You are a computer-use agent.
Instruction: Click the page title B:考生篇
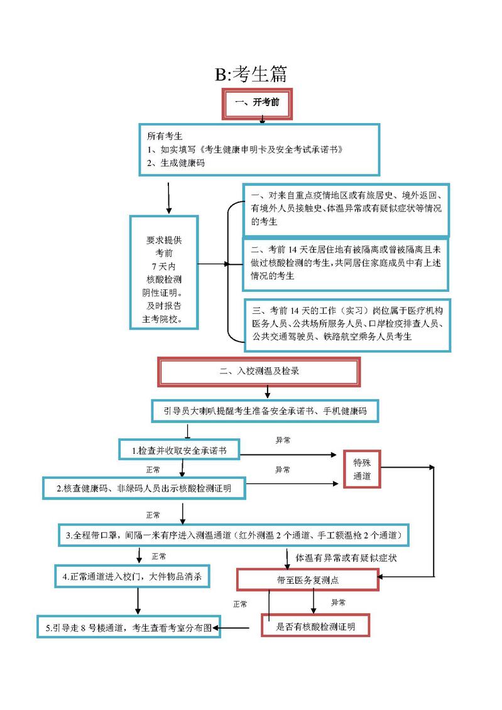tap(251, 75)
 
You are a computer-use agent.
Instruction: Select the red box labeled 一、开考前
tap(257, 104)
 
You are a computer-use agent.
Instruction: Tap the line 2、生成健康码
tap(176, 163)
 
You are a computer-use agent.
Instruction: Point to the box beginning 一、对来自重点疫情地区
tap(346, 209)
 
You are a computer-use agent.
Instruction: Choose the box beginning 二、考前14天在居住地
tap(346, 264)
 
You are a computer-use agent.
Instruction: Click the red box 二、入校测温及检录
tap(259, 371)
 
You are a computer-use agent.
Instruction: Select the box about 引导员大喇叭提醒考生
tap(265, 411)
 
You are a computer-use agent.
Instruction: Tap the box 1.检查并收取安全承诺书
tap(179, 450)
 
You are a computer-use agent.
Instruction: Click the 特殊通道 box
tap(362, 469)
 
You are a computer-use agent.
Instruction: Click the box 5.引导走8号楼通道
tap(129, 627)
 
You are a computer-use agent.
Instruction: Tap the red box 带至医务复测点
tap(308, 579)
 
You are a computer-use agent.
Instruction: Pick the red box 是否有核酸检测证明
tap(315, 625)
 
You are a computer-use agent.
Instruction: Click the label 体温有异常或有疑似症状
tap(346, 557)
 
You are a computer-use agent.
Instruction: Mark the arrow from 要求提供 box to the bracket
tap(214, 264)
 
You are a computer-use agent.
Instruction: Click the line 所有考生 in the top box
tap(165, 136)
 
